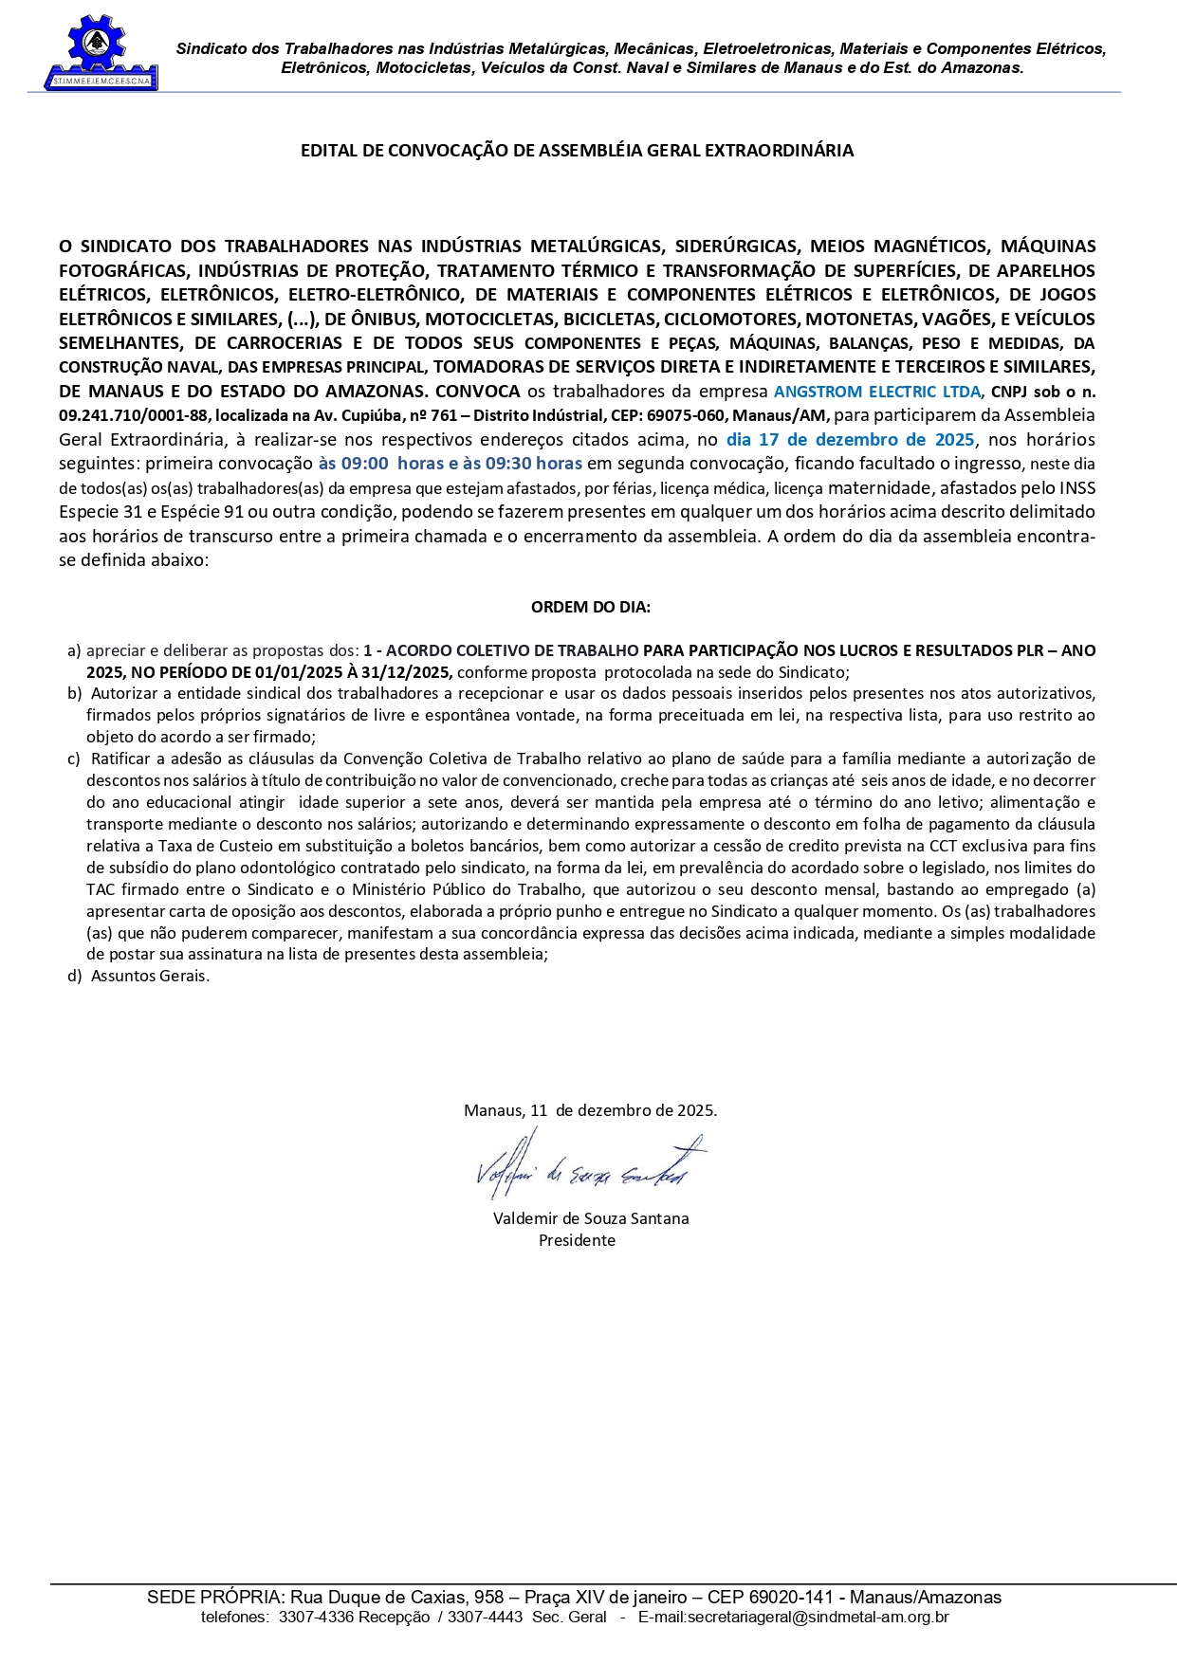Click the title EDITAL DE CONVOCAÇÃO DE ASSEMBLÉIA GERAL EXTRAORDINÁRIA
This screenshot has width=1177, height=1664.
pos(577,151)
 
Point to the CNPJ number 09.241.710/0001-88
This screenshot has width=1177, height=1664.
pos(133,415)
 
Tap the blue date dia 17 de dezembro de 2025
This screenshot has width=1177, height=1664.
pos(850,440)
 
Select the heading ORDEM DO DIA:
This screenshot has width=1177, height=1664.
pos(590,607)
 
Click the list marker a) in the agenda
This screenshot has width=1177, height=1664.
pos(74,651)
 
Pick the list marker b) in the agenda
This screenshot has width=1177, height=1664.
pos(74,694)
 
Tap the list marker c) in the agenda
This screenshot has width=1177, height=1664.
pos(74,759)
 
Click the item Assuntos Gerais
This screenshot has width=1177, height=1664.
pos(150,976)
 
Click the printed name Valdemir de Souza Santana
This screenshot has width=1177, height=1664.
pos(591,1218)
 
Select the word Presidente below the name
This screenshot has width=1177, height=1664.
pos(577,1240)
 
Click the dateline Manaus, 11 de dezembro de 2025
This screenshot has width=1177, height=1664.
pos(590,1110)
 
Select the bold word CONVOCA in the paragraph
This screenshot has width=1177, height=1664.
pos(478,392)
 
